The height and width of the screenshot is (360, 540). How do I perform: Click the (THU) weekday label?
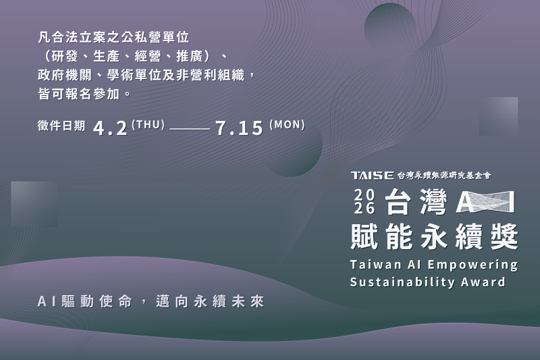pos(148,124)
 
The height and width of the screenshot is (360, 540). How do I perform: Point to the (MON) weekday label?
pos(287,124)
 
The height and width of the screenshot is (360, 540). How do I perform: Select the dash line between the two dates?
pos(190,128)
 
